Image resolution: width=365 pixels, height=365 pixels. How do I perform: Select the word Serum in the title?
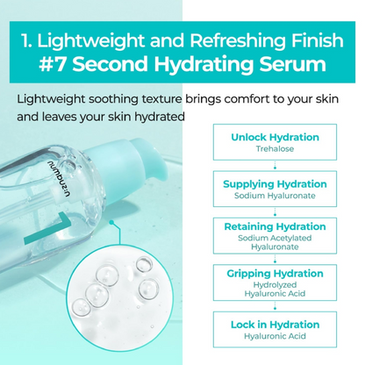pyautogui.click(x=290, y=64)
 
